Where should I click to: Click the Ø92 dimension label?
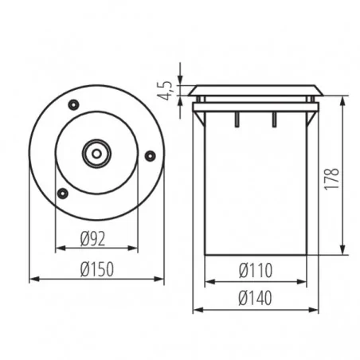92,239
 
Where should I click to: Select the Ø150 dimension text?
97,269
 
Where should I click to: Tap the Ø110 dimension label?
256,271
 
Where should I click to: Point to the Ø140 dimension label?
255,298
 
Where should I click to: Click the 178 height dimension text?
332,179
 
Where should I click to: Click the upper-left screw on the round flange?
73,104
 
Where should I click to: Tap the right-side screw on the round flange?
150,155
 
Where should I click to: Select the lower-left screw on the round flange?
63,194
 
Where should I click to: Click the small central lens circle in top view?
96,154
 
